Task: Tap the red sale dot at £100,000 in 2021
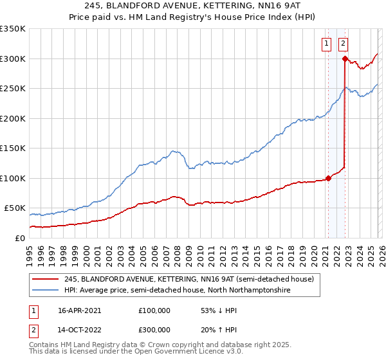point(328,178)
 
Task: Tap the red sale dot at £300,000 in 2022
point(345,59)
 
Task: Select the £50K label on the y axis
point(15,208)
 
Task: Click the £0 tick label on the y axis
point(20,238)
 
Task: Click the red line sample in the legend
point(45,279)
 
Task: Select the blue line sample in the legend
point(45,291)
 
